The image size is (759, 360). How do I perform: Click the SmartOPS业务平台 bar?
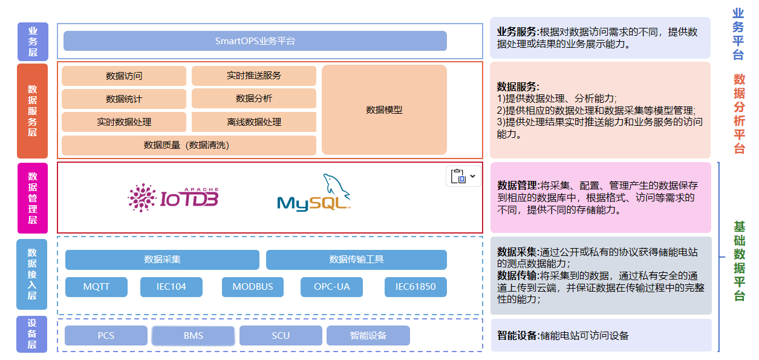[255, 41]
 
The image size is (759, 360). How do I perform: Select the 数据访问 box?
[124, 76]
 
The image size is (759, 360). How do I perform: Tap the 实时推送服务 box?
[253, 76]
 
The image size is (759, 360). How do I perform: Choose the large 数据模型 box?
[384, 110]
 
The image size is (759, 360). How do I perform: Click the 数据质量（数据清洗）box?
[189, 145]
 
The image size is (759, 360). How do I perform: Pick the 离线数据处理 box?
[253, 122]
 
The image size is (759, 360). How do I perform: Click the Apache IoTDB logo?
[173, 197]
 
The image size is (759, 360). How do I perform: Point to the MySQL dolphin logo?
[314, 194]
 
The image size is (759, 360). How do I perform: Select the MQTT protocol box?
[96, 287]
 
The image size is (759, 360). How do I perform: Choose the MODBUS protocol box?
[252, 287]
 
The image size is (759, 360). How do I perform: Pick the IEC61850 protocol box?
[415, 287]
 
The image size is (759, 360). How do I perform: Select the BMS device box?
[193, 336]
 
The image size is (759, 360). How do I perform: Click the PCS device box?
[106, 336]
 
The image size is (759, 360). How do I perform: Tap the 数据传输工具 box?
[356, 260]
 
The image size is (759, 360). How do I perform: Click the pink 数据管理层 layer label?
[33, 197]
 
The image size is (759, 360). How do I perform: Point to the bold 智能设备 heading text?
[518, 336]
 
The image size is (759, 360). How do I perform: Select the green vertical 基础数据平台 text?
[739, 261]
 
